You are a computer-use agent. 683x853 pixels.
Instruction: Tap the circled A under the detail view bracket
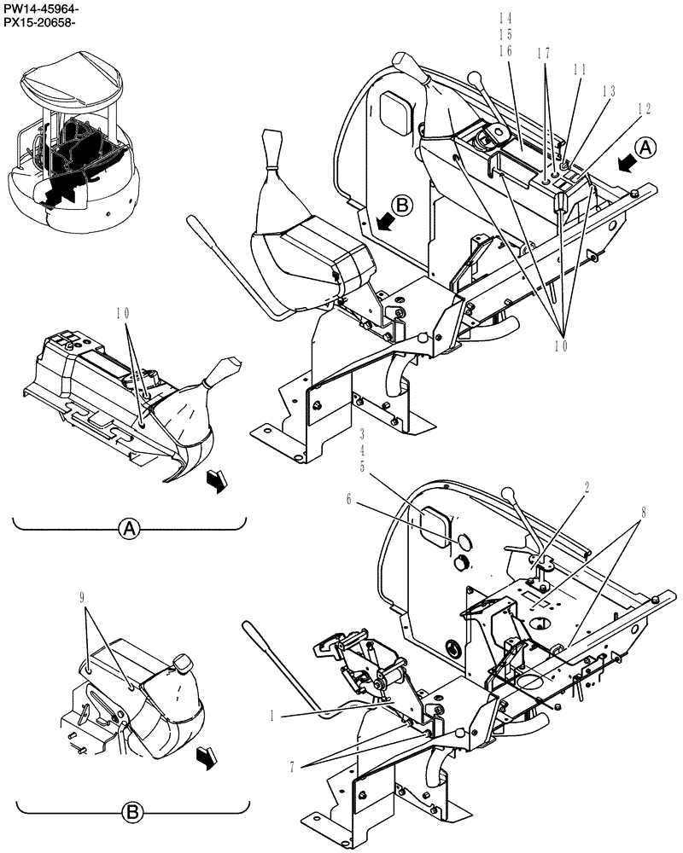point(128,529)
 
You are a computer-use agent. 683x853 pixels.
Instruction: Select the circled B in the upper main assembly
point(404,205)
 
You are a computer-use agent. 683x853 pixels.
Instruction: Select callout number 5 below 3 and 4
point(362,467)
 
